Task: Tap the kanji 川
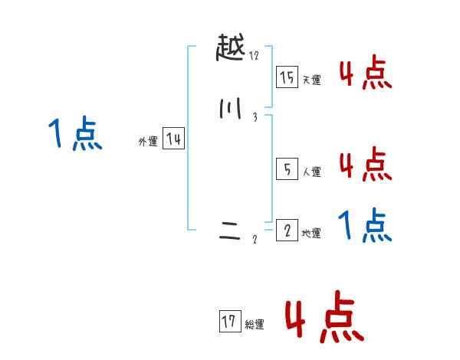pyautogui.click(x=229, y=111)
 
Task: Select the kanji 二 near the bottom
pyautogui.click(x=230, y=236)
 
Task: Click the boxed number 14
pyautogui.click(x=173, y=139)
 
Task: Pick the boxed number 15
pyautogui.click(x=287, y=77)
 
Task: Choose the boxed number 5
pyautogui.click(x=287, y=170)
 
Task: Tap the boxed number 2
pyautogui.click(x=287, y=231)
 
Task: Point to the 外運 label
pyautogui.click(x=148, y=142)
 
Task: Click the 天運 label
pyautogui.click(x=311, y=80)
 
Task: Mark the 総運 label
pyautogui.click(x=255, y=325)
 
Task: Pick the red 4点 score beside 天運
pyautogui.click(x=365, y=74)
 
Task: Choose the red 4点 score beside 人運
pyautogui.click(x=365, y=164)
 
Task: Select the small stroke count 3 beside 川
pyautogui.click(x=254, y=116)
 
